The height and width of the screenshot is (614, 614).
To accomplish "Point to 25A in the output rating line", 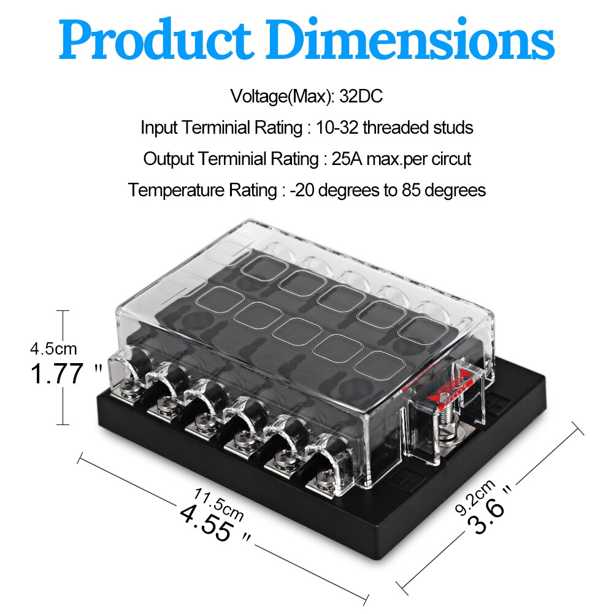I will coord(344,159).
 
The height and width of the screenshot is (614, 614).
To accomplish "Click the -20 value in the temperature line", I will coord(304,190).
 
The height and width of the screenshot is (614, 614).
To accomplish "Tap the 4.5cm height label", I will coord(53,349).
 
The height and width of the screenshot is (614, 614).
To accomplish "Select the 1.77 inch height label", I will coord(57,374).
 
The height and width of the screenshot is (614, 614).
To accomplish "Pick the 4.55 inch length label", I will coord(207,523).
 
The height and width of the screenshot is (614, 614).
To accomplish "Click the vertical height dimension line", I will coord(62,368).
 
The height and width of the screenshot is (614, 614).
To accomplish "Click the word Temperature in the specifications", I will coord(173,190).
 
